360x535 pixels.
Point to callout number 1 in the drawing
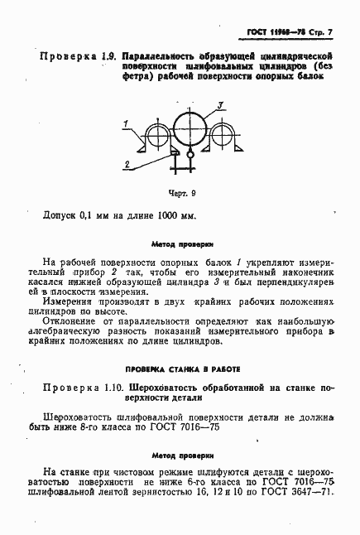(x=124, y=123)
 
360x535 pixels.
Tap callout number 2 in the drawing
(x=126, y=166)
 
